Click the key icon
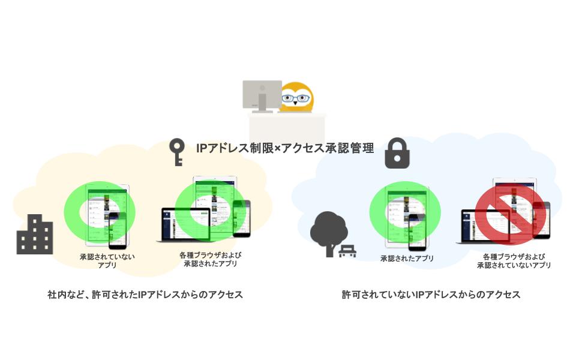[176, 151]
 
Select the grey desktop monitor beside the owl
[262, 95]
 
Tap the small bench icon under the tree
[347, 251]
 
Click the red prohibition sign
[511, 211]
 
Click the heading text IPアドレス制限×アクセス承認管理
[285, 147]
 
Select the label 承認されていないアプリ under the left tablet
[107, 260]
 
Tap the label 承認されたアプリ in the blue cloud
[407, 259]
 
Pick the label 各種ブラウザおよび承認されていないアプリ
[514, 260]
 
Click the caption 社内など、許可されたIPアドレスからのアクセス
[145, 295]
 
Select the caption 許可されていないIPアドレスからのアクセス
[431, 295]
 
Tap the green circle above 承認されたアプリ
[405, 211]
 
